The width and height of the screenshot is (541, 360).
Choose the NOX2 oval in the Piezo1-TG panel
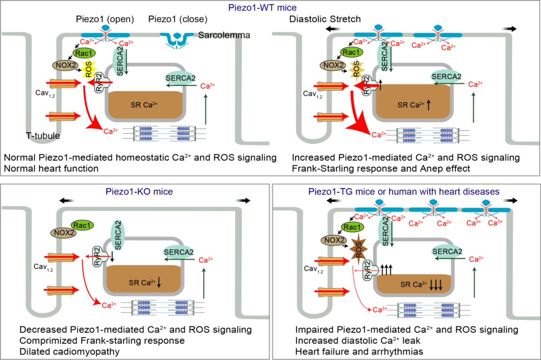pos(335,240)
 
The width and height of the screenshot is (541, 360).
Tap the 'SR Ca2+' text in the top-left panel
pos(144,105)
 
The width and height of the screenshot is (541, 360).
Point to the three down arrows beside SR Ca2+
pos(435,285)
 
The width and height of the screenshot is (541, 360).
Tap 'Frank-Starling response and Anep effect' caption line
pos(381,169)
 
